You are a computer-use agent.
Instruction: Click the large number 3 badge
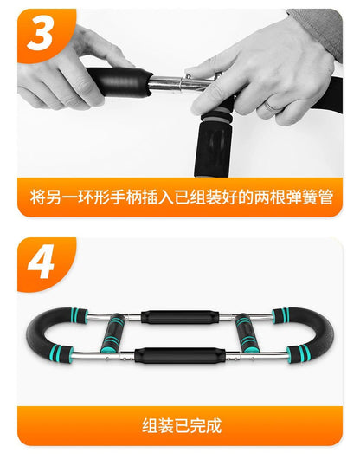tap(41, 33)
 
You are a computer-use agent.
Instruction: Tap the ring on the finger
tap(271, 106)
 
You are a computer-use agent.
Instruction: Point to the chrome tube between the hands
tap(181, 83)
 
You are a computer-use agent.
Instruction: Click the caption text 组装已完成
tap(182, 425)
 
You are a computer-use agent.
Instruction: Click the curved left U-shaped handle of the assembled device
tap(33, 333)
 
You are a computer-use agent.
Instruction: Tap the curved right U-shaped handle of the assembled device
tap(327, 333)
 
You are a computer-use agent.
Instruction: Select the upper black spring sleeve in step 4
tap(180, 317)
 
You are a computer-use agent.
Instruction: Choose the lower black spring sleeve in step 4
tap(180, 355)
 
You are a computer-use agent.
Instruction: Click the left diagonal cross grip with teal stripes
tap(112, 333)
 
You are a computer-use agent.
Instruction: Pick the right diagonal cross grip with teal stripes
tap(246, 333)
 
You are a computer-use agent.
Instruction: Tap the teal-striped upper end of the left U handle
tap(80, 315)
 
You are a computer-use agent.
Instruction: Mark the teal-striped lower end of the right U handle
tap(297, 353)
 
